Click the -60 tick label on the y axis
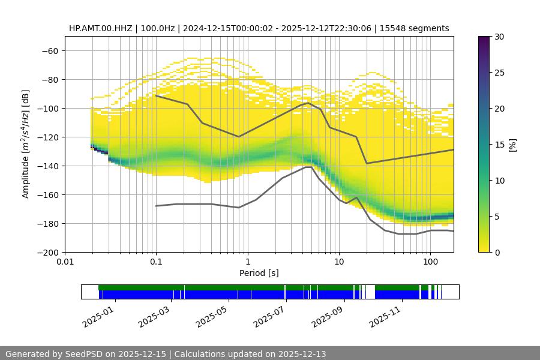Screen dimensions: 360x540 click(x=49, y=50)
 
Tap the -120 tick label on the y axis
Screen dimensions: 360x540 click(x=47, y=137)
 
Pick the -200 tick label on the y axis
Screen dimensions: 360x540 click(x=47, y=252)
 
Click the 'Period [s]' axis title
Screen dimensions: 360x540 click(x=259, y=273)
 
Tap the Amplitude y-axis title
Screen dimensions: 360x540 click(x=26, y=144)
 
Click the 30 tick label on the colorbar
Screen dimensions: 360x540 click(x=499, y=37)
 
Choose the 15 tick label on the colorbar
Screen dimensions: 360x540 click(x=499, y=145)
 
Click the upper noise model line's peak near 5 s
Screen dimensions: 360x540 click(x=308, y=103)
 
